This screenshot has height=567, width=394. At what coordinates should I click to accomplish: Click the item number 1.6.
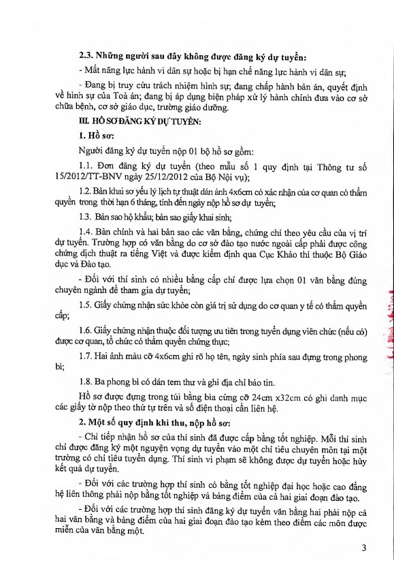point(86,331)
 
